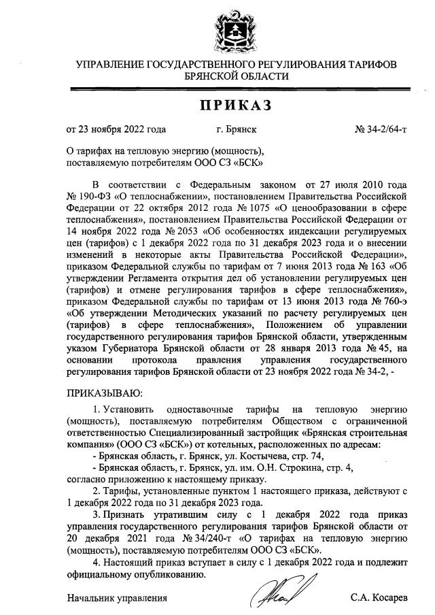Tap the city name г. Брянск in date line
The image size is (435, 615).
point(237,128)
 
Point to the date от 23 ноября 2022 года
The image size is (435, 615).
point(116,128)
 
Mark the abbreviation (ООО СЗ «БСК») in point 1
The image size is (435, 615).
point(129,444)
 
